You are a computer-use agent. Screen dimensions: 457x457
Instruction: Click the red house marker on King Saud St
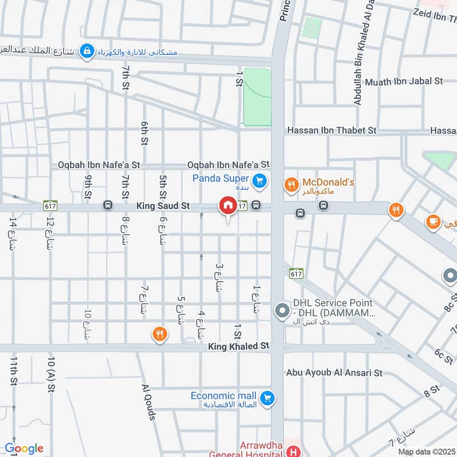(228, 205)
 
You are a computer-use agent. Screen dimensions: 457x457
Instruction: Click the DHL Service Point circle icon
(282, 311)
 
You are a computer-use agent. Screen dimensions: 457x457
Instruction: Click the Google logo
(24, 448)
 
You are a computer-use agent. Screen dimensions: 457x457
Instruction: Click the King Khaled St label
(238, 346)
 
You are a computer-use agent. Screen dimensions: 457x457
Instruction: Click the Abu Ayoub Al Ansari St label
(335, 373)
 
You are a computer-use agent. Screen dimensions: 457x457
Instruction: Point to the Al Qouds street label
(149, 402)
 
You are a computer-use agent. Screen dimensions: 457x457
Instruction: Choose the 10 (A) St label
(51, 374)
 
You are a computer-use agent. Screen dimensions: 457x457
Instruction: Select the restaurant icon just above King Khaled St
(159, 334)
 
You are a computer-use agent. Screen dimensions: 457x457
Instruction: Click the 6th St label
(145, 133)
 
